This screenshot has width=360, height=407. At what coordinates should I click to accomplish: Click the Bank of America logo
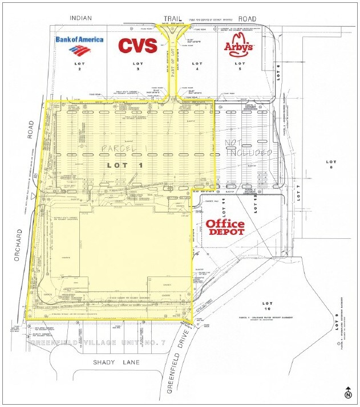[79, 43]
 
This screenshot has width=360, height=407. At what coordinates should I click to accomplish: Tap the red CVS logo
[137, 46]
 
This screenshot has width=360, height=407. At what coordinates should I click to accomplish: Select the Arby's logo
[238, 46]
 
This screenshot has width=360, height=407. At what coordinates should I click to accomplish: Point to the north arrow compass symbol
[347, 393]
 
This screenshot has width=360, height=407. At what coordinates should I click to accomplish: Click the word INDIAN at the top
[80, 18]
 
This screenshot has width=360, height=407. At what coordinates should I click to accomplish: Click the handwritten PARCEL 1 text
[123, 149]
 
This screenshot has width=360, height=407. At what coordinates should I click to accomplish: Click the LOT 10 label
[266, 305]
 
